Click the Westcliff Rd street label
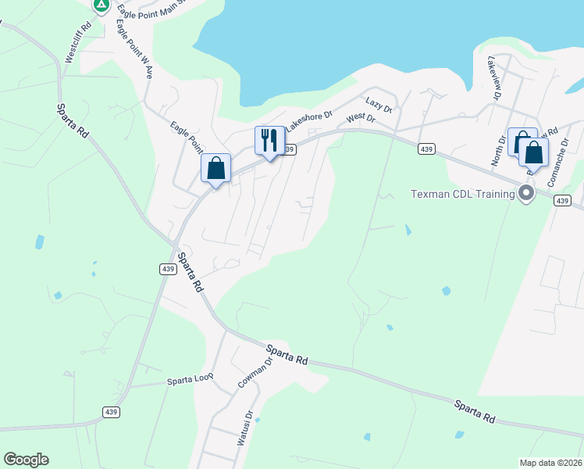point(79,42)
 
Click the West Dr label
point(361,118)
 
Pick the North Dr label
point(498,149)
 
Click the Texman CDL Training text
point(465,193)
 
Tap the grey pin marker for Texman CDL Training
point(526,192)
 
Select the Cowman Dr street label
point(253,374)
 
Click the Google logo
point(26,460)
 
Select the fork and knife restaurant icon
point(269,141)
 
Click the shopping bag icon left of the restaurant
point(215,168)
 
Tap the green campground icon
point(101,5)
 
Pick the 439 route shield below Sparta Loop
point(110,412)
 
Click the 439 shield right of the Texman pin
point(562,201)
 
